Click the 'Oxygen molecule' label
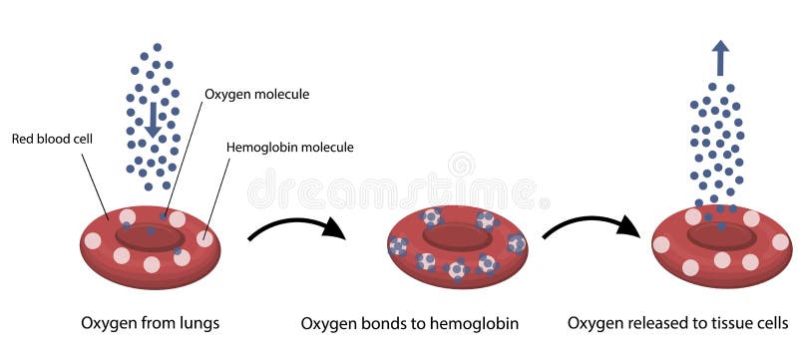(256, 95)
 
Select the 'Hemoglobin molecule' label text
(290, 148)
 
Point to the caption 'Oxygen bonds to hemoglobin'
(409, 323)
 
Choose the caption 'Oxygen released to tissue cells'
(678, 323)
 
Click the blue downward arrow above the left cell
(153, 116)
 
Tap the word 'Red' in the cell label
(23, 140)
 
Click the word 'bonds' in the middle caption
(380, 323)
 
